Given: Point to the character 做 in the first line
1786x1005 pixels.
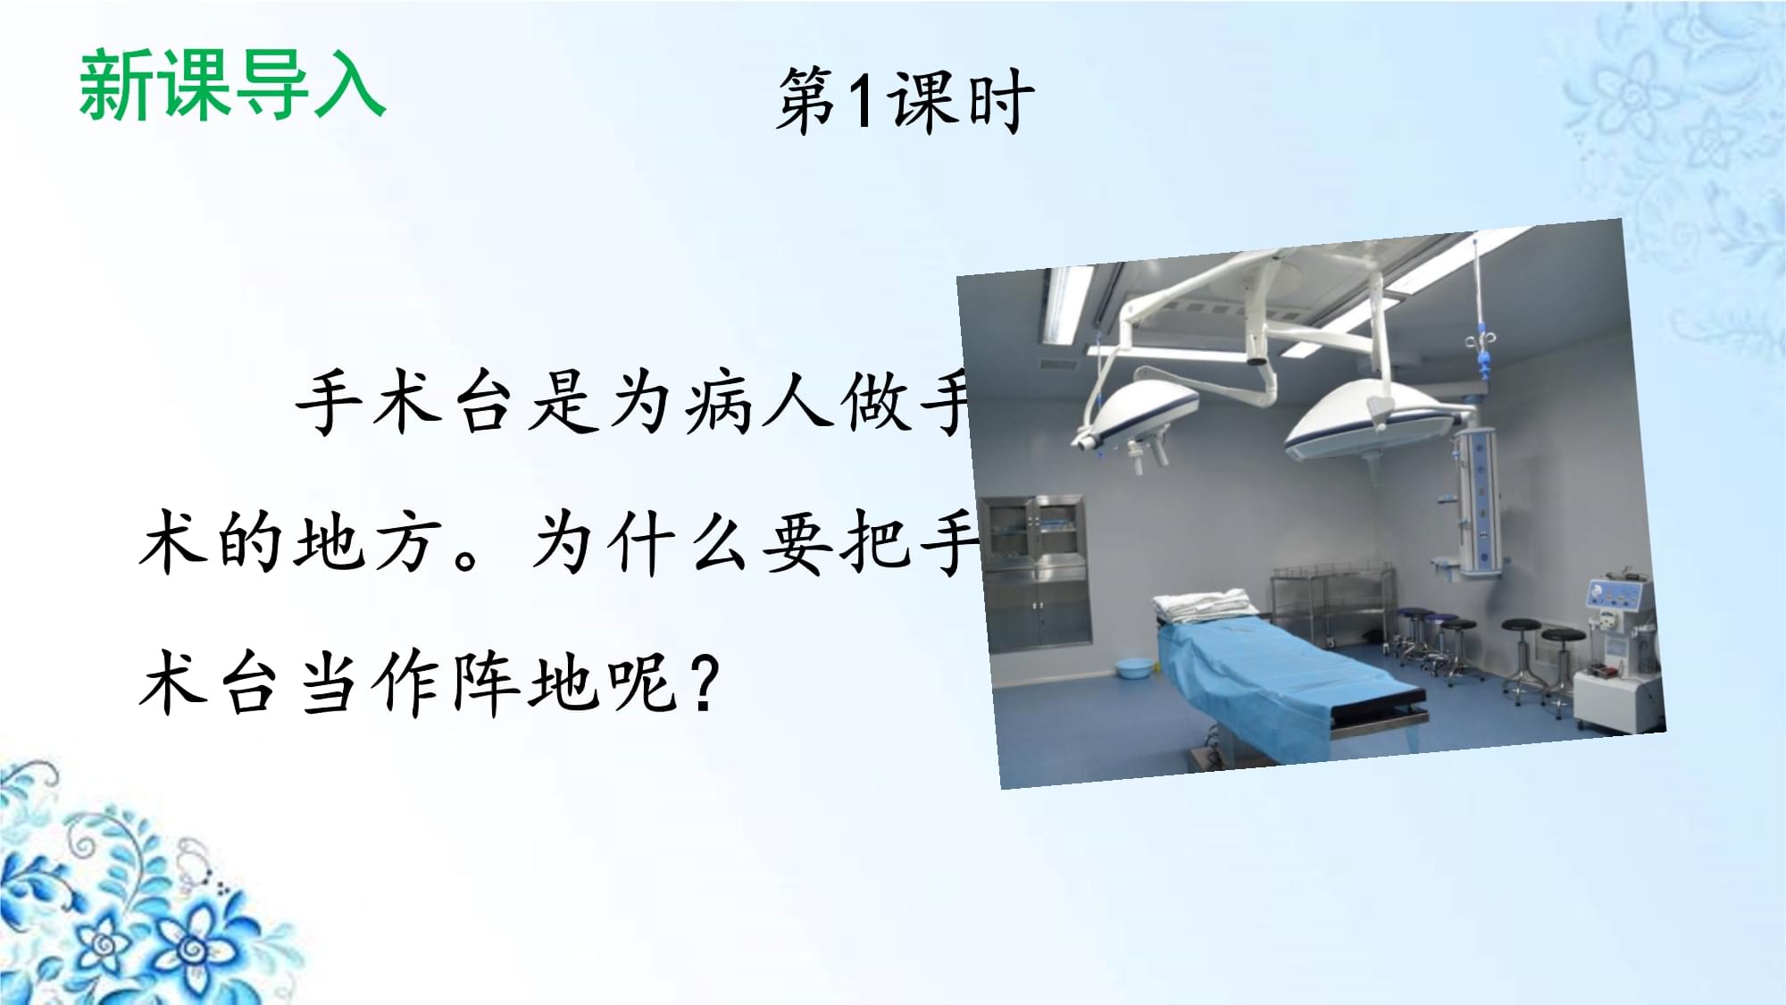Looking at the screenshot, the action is [x=874, y=402].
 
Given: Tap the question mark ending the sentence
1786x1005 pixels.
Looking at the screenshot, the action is [x=705, y=683].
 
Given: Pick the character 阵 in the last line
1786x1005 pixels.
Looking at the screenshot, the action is [x=487, y=683].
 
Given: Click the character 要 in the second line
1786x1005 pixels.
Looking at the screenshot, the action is [x=797, y=542].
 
